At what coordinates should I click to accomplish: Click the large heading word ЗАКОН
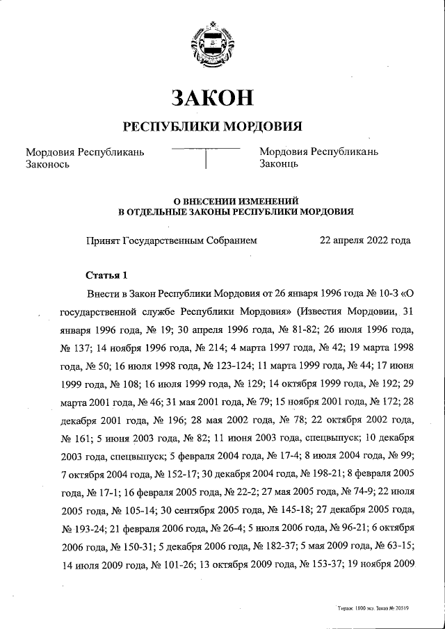click(x=213, y=98)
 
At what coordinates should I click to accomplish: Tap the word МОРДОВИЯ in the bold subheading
click(x=262, y=126)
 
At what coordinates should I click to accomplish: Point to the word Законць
click(x=279, y=164)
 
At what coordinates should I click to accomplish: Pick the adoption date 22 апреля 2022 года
click(x=364, y=240)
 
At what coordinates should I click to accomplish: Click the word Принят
click(x=103, y=240)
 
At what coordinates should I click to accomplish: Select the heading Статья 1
click(x=107, y=273)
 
